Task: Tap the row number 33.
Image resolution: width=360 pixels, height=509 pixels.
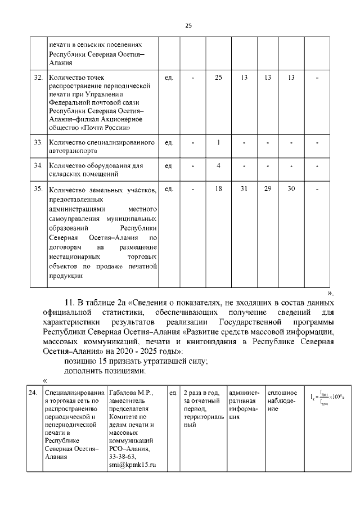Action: click(x=38, y=143)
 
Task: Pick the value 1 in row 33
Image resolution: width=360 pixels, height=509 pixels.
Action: click(x=218, y=143)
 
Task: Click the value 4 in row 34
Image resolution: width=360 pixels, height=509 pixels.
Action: click(x=218, y=166)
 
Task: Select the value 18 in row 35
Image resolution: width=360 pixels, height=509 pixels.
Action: click(x=218, y=189)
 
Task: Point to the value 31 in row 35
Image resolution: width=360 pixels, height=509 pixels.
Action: click(x=244, y=189)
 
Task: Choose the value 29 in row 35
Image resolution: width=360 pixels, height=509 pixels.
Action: click(x=268, y=189)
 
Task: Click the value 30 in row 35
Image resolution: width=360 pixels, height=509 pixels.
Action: click(x=291, y=189)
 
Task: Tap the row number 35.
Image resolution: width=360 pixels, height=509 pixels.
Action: click(x=38, y=189)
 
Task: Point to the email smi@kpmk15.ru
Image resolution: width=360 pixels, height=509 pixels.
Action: click(x=132, y=465)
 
